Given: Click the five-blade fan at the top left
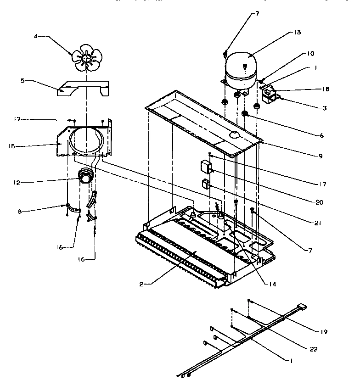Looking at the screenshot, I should (86, 58).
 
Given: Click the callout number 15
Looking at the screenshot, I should (11, 146).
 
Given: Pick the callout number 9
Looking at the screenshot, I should (320, 156).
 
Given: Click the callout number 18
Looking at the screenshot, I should (326, 89).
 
